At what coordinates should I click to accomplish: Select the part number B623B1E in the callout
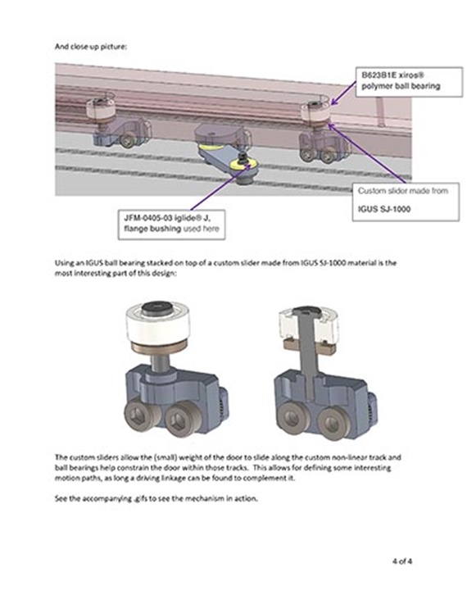click(x=381, y=74)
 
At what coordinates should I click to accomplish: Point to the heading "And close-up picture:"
click(x=92, y=48)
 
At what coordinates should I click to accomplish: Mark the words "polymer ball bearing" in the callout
click(x=401, y=85)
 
